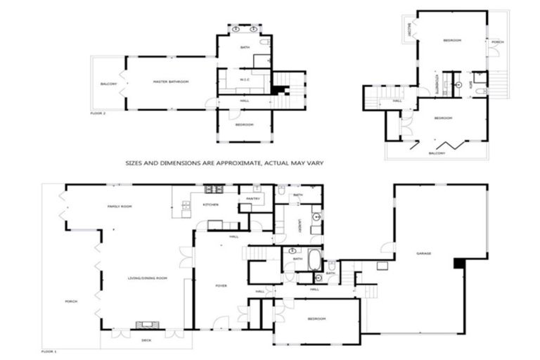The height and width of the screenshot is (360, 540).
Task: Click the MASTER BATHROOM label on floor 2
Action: coord(172,82)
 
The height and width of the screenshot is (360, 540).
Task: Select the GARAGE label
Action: coord(423,253)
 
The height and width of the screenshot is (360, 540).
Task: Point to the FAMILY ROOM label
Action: coord(120,206)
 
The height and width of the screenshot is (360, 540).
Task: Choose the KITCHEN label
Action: coord(210,205)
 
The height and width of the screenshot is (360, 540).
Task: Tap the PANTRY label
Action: coord(253,198)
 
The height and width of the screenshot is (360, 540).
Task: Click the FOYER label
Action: coord(220,285)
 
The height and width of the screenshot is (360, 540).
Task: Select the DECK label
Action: coord(146,340)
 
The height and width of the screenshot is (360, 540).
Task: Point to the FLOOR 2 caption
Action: coord(98,112)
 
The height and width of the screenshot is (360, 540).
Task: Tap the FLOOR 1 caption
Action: coord(49,350)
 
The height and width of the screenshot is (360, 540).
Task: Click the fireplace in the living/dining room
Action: coord(148,324)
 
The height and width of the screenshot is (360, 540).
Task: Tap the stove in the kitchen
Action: coord(214,189)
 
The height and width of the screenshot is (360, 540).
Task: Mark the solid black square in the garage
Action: coord(459,263)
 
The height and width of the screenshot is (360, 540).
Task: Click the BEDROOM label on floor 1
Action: coord(316,319)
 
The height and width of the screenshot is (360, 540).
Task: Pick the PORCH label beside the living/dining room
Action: coord(71,301)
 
